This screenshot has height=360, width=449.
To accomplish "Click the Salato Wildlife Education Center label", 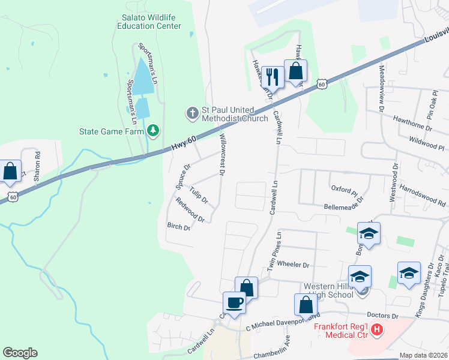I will tap(149, 22).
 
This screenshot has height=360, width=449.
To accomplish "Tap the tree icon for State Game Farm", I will tap(154, 130).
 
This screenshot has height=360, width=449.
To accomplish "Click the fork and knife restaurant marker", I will tap(272, 76).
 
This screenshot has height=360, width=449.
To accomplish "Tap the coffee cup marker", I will tap(234, 302).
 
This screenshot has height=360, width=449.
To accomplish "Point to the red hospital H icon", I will tap(376, 329).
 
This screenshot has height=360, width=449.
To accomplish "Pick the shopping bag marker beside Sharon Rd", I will tap(10, 171).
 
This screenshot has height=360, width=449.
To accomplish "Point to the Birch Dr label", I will tap(178, 227).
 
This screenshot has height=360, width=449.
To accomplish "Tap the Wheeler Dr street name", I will tap(293, 265).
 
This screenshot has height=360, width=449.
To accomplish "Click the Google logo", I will tap(20, 353).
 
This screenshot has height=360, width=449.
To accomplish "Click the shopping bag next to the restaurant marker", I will tap(295, 71).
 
